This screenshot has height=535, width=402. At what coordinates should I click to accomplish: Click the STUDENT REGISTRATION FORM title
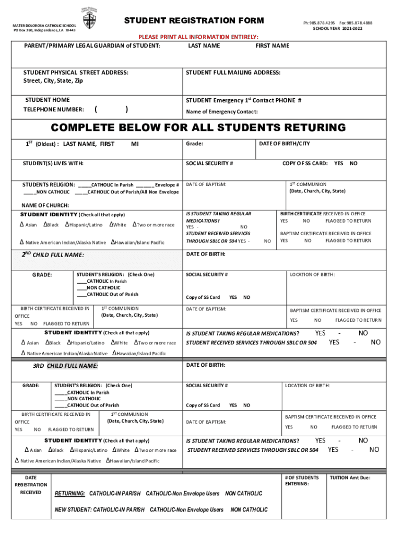[x=194, y=21]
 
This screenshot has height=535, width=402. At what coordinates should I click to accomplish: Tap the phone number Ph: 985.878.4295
[x=318, y=23]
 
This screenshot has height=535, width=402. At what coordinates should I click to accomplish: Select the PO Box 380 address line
[x=44, y=30]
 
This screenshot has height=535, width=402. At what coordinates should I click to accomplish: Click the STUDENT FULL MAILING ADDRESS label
[x=233, y=73]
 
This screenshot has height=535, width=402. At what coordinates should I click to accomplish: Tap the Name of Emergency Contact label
[x=222, y=112]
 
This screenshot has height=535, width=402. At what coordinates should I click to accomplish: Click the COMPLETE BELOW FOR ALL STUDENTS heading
[x=198, y=128]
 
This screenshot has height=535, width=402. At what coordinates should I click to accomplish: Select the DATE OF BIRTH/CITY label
[x=285, y=144]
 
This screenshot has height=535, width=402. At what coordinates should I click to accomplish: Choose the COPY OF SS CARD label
[x=305, y=164]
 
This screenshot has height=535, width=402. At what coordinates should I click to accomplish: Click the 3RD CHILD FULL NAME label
[x=65, y=366]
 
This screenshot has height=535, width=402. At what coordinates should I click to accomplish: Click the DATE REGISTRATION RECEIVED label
[x=31, y=485]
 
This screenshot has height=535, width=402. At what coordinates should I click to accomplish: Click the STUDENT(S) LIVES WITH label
[x=53, y=164]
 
